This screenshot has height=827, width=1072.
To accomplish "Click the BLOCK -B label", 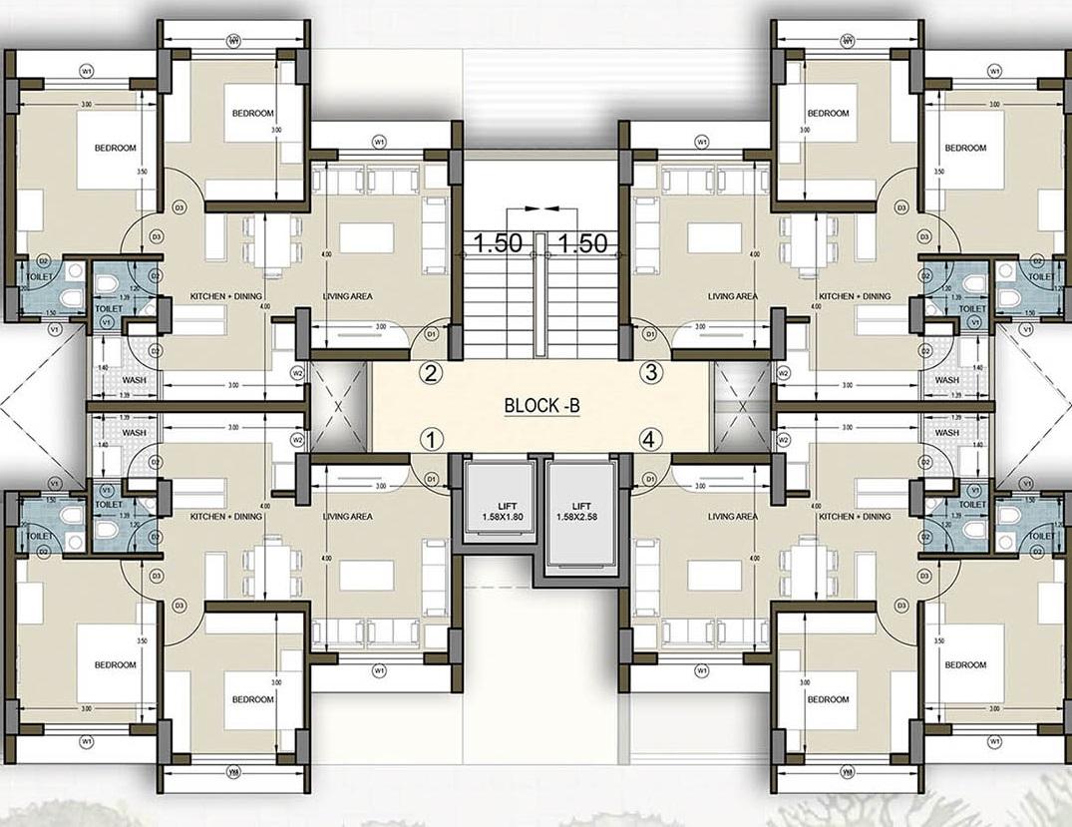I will pos(541,406).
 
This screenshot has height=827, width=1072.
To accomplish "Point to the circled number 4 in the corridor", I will pos(650,438).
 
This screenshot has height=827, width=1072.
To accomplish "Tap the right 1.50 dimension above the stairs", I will pos(582,242).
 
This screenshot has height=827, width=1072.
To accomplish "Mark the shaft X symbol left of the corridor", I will pos(340,407).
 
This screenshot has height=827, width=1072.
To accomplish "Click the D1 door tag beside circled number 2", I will pos(432,333).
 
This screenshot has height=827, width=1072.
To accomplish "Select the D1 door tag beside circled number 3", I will pos(649,333).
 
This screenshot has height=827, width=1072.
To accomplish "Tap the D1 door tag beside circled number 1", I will pos(432,480).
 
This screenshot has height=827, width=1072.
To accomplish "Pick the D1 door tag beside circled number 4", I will pos(649,480).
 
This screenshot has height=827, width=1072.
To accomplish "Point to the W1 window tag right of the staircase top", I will pos(702,142).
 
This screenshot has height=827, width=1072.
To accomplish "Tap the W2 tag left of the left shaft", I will pos(297,373).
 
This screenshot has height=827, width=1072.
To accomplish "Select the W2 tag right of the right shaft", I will pos(784,373).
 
